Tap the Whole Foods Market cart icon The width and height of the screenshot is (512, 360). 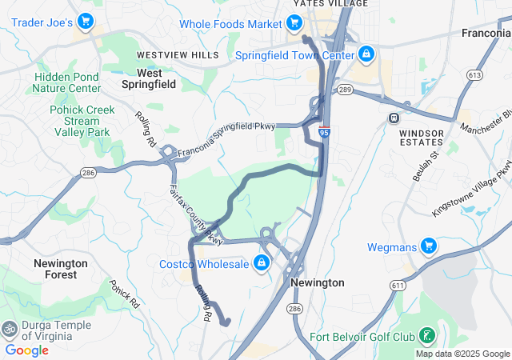tap(296, 24)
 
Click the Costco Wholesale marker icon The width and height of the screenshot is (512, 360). tap(261, 263)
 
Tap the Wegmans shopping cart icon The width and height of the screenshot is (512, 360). tap(429, 247)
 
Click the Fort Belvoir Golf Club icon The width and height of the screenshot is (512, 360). tap(427, 335)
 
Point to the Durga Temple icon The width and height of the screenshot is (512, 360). tap(10, 328)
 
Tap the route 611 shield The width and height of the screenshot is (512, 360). tap(398, 284)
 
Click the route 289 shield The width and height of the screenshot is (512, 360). tap(345, 89)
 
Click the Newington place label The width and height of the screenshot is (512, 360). tap(318, 282)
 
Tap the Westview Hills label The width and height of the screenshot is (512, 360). tap(178, 54)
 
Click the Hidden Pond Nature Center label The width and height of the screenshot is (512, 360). tap(67, 82)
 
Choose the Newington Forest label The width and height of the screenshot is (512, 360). tap(61, 269)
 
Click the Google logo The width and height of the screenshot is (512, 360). tap(27, 350)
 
